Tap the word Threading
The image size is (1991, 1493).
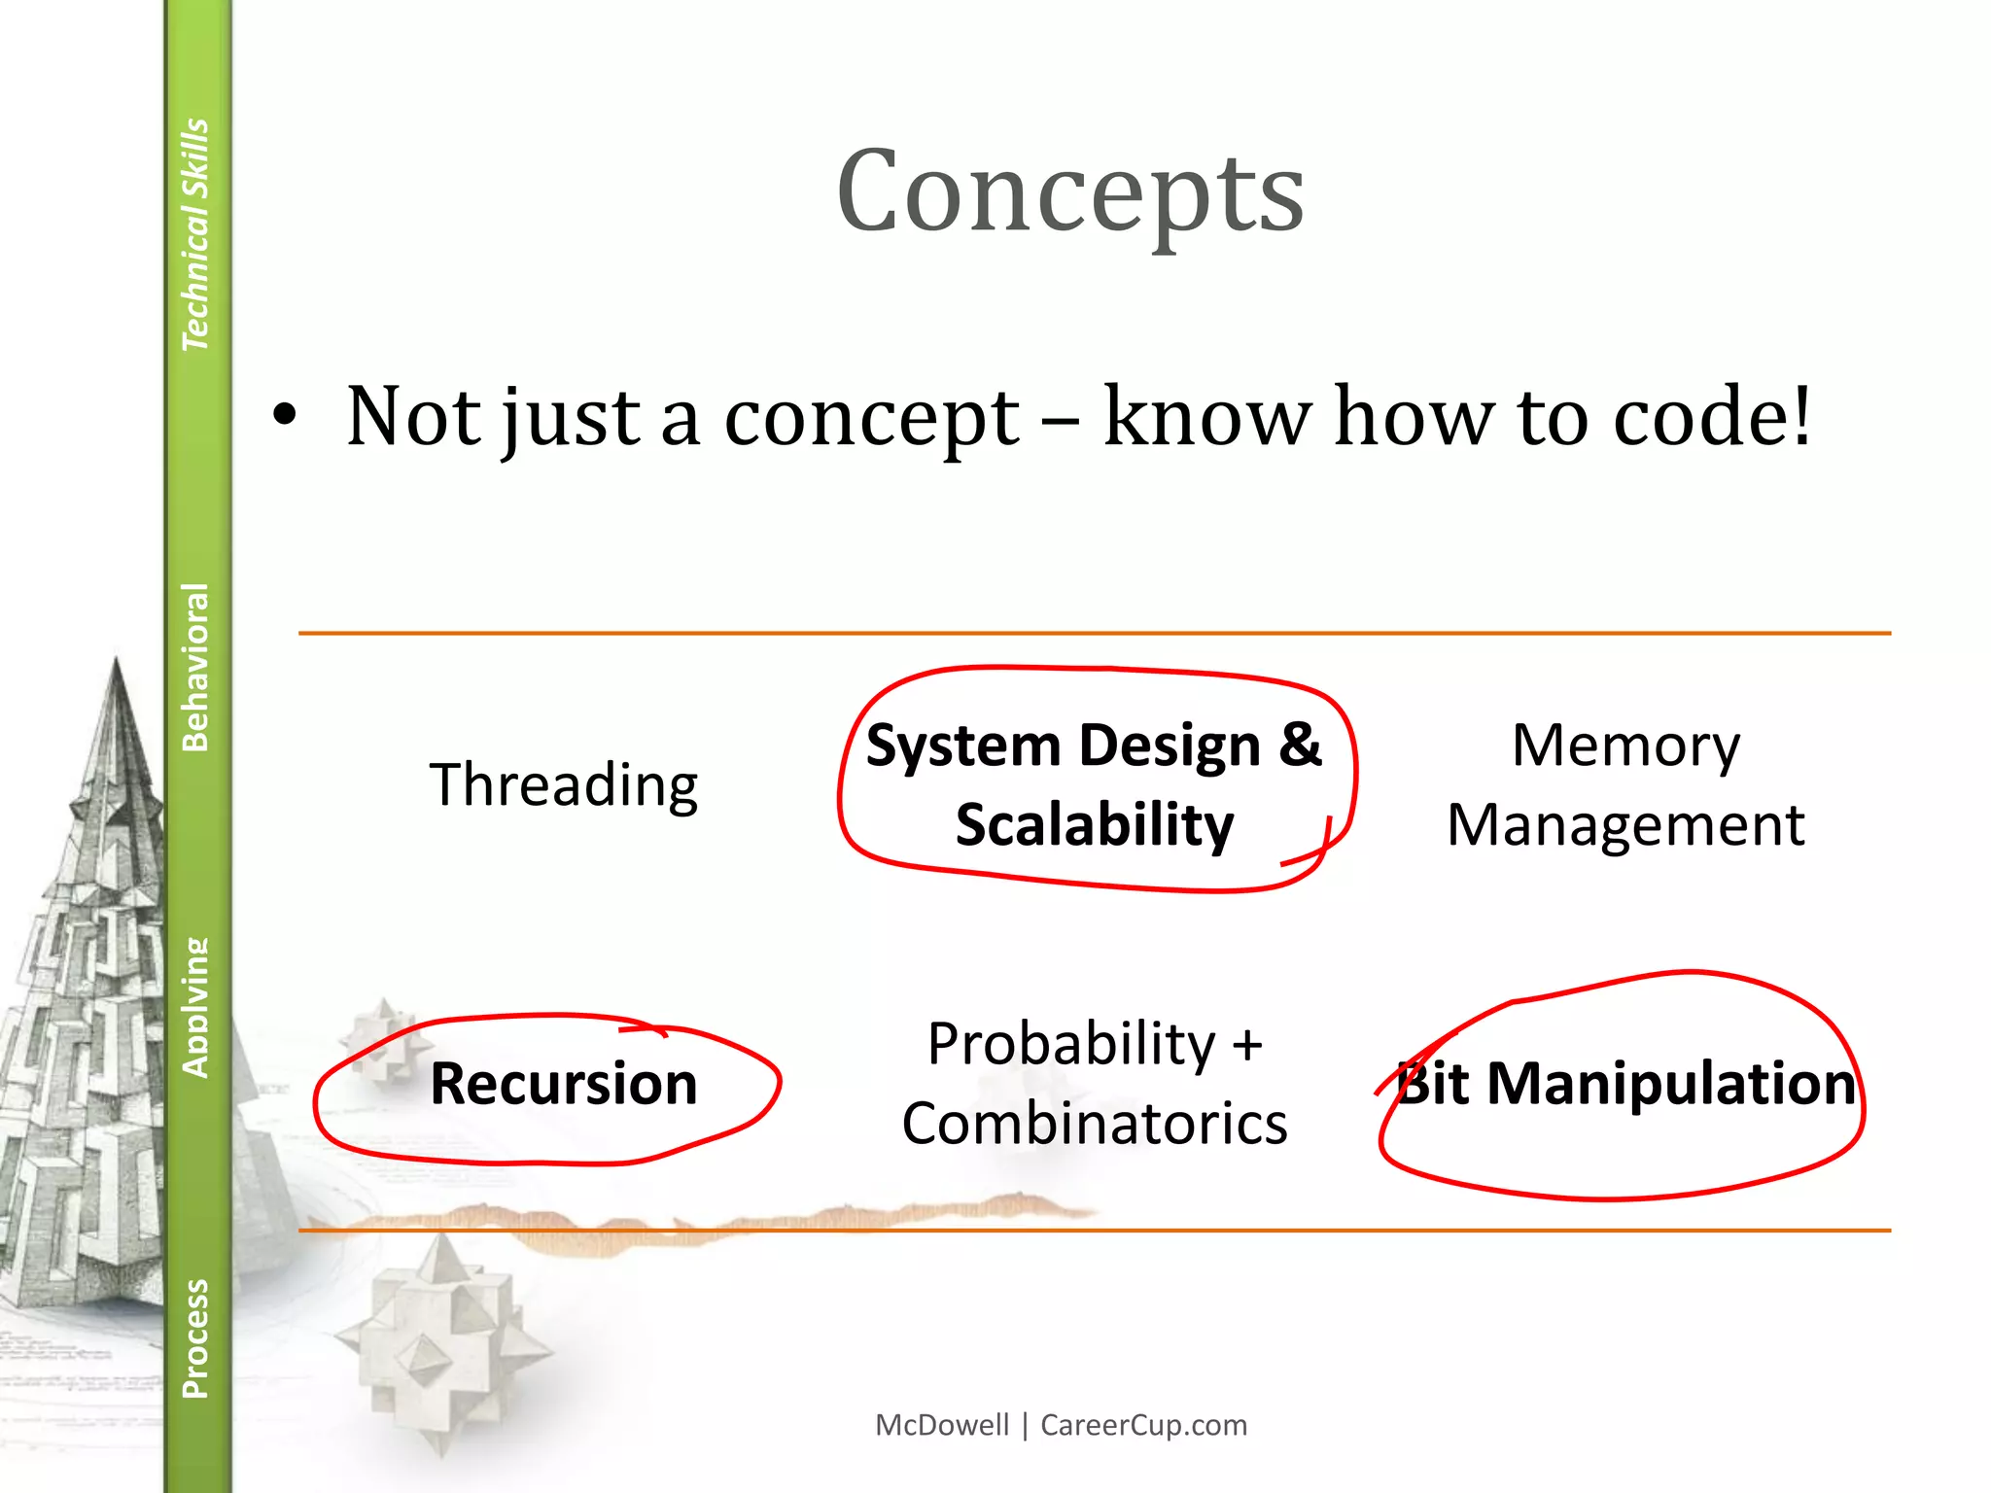point(564,785)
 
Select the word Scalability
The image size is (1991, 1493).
point(1095,825)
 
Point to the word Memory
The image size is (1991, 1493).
point(1625,746)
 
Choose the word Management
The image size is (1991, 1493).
point(1625,826)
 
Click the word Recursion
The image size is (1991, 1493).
point(564,1084)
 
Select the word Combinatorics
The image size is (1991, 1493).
point(1095,1125)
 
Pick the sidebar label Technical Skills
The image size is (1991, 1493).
point(195,233)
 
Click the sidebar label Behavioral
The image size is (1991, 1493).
point(195,667)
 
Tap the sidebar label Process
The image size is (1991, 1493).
point(195,1338)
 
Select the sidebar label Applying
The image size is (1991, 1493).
point(195,1007)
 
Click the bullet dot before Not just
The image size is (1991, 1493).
point(284,417)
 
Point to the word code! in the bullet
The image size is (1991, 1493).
point(1712,417)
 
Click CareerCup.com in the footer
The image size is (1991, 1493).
point(1143,1425)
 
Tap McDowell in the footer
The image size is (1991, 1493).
point(942,1425)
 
